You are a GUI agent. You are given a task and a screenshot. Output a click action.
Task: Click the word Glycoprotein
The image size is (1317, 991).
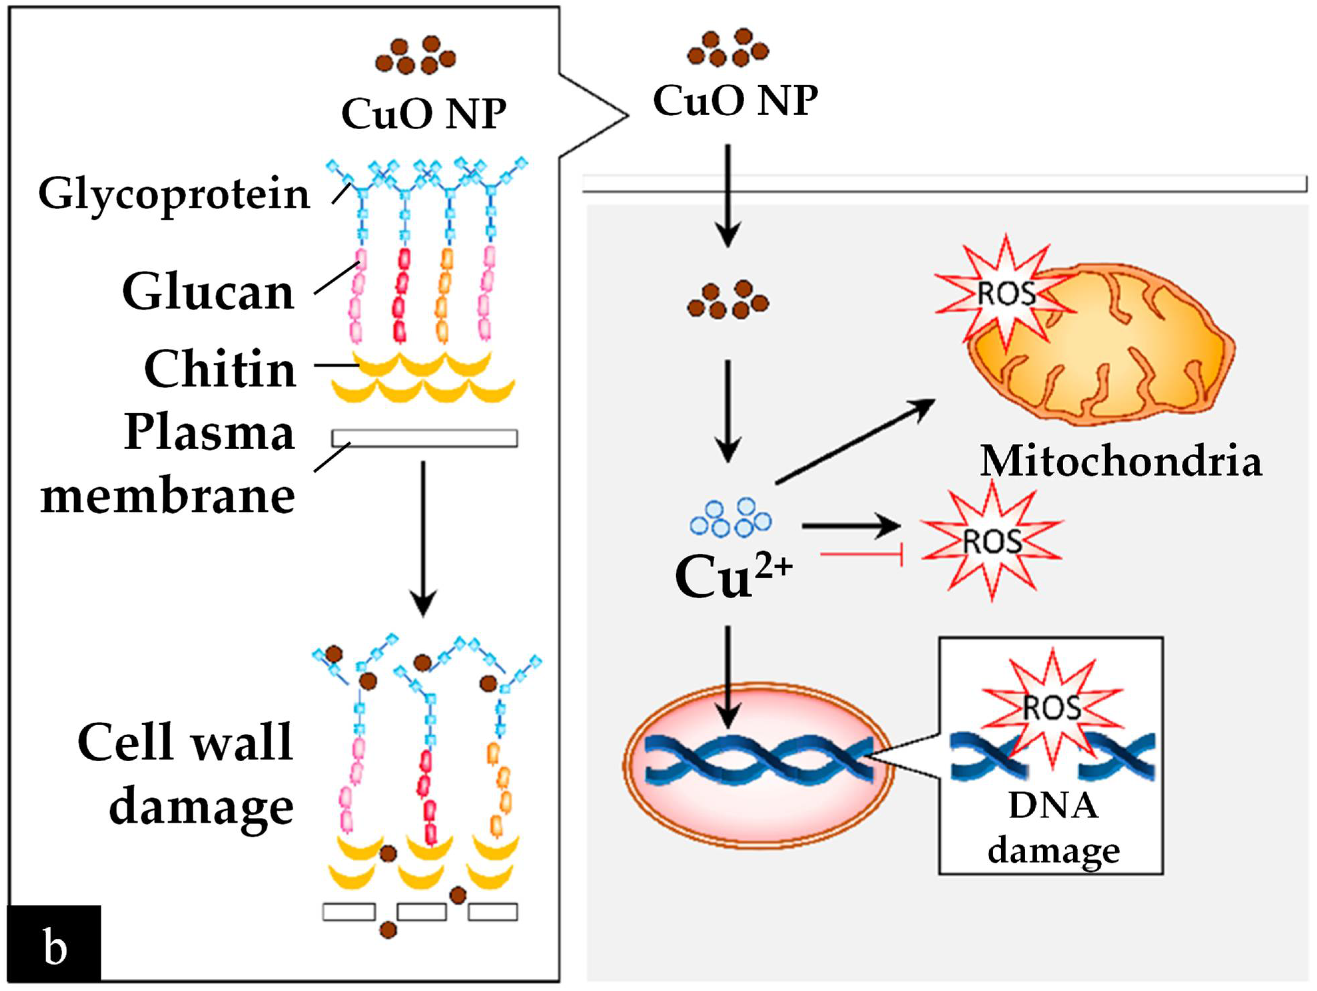[x=174, y=194]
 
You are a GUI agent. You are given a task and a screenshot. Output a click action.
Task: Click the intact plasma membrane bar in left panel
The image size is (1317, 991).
[x=424, y=438]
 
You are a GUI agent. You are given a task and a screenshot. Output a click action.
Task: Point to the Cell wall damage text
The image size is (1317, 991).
[x=186, y=774]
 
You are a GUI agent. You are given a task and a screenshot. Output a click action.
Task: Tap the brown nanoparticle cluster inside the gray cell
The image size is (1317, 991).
[x=728, y=300]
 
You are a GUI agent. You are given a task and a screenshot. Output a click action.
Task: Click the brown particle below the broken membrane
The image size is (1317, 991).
[x=388, y=929]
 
